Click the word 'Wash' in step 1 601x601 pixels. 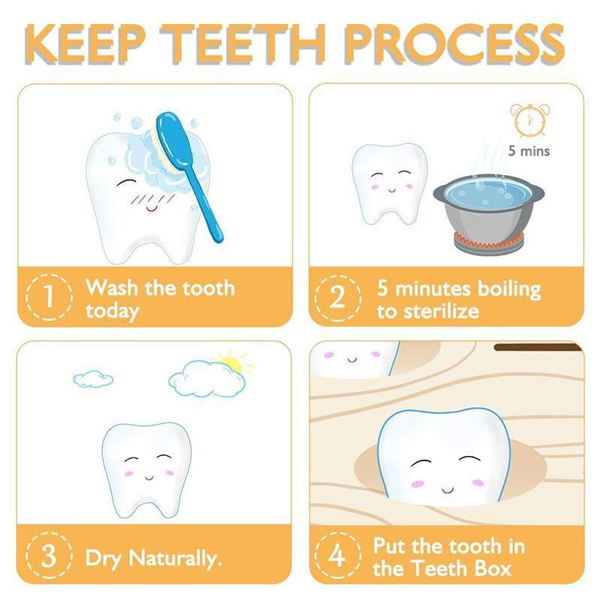pyautogui.click(x=112, y=288)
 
